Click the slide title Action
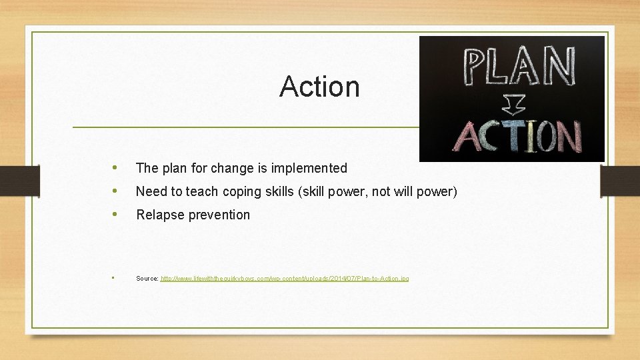pyautogui.click(x=319, y=86)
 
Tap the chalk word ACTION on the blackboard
pyautogui.click(x=517, y=136)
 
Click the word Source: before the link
pyautogui.click(x=147, y=278)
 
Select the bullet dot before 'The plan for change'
pyautogui.click(x=116, y=167)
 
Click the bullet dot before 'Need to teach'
pyautogui.click(x=116, y=191)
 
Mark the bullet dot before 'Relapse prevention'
pyautogui.click(x=116, y=214)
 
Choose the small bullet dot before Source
pyautogui.click(x=114, y=277)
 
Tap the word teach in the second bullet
pyautogui.click(x=201, y=191)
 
